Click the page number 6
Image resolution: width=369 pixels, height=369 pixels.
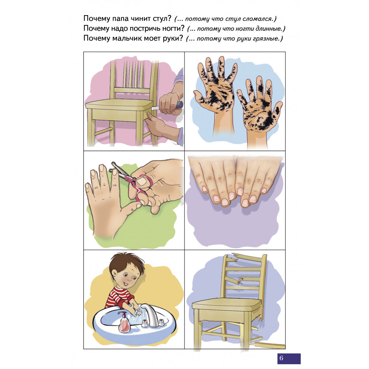pos(281,358)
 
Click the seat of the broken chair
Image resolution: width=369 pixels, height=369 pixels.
pos(227,304)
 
